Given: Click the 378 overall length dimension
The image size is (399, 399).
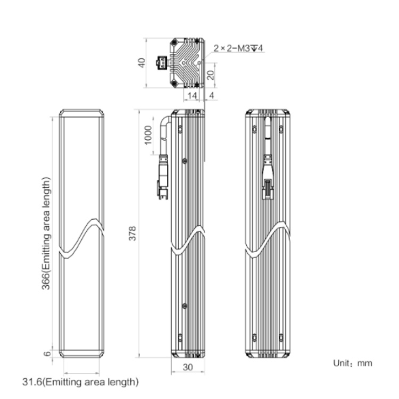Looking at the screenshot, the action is (x=132, y=234).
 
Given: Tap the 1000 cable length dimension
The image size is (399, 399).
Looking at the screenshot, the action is (x=148, y=135).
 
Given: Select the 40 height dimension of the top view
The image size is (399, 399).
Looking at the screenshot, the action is (x=142, y=63).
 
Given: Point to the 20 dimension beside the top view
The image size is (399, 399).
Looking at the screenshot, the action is (x=211, y=75).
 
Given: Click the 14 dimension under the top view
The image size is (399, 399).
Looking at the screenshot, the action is (x=192, y=96).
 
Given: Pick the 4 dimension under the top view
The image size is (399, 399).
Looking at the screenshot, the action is (x=211, y=95).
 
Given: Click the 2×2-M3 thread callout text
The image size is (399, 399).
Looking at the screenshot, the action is (x=238, y=48).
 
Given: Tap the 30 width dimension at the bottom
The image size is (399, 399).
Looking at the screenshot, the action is (x=188, y=367).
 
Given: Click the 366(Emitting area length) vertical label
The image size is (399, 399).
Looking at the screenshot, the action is (x=46, y=234).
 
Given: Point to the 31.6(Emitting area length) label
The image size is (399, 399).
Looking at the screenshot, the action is (x=80, y=382).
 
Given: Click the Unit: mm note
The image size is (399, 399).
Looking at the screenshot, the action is (x=353, y=363).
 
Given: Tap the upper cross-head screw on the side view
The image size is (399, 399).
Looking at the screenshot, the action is (x=185, y=161).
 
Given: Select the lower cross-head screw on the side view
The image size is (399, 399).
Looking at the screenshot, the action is (x=185, y=306).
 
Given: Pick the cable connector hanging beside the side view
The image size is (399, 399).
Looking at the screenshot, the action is (x=162, y=177).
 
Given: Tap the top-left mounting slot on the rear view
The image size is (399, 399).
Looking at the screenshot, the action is (x=254, y=129).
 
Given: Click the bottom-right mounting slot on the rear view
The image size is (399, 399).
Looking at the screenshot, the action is (x=281, y=338).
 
